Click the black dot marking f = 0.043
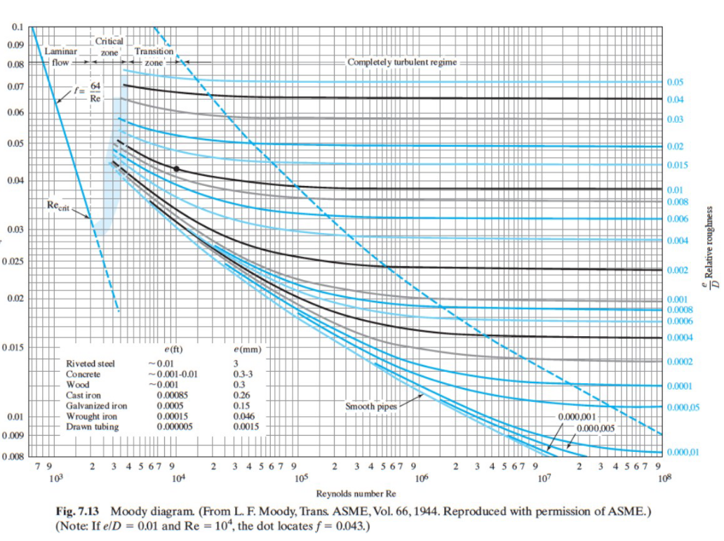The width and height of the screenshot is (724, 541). (x=176, y=169)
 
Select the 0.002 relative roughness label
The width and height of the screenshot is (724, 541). (x=676, y=270)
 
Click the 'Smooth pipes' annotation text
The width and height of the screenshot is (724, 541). (x=371, y=406)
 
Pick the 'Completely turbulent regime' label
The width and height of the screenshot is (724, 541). (x=402, y=62)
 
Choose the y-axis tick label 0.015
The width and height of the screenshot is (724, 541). (x=13, y=348)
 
